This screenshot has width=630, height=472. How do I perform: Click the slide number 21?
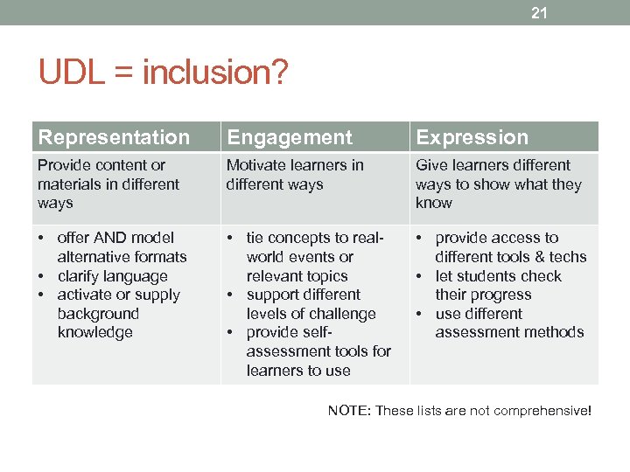[539, 12]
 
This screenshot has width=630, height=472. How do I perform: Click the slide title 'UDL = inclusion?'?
[163, 73]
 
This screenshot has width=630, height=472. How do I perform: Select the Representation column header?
[114, 137]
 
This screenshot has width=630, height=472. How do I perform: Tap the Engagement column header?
[290, 137]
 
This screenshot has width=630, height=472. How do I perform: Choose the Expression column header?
[472, 137]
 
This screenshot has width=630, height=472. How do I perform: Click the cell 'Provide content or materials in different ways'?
[108, 184]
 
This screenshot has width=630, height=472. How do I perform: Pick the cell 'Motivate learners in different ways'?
[295, 175]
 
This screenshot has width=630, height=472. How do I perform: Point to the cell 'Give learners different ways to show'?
[498, 184]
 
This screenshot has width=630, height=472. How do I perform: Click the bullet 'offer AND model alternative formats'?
[121, 247]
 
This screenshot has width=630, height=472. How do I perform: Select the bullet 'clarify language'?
[112, 276]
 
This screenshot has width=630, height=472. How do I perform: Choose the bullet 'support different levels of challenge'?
[310, 304]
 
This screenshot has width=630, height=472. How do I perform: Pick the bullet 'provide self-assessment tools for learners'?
[317, 351]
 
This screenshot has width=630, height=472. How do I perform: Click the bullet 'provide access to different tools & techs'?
[509, 247]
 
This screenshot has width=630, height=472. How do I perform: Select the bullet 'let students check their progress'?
[497, 285]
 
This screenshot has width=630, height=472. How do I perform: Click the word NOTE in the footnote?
[348, 411]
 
